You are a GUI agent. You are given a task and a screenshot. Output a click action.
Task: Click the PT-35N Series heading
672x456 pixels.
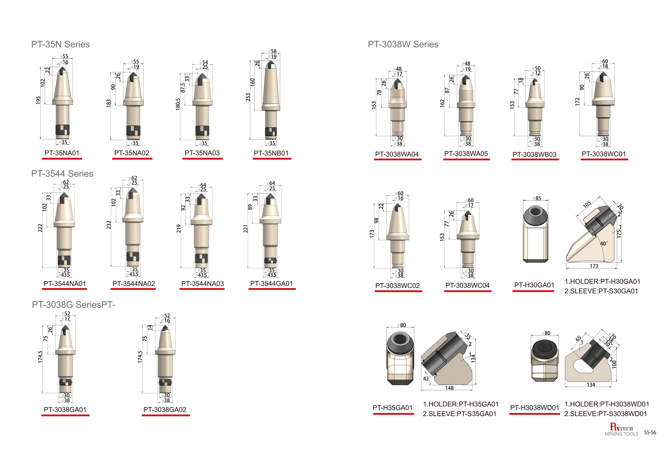click(x=60, y=44)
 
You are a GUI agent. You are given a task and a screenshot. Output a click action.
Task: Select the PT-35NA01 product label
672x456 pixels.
click(x=62, y=153)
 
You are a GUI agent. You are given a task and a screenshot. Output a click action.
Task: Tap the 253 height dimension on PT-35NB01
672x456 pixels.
click(x=248, y=97)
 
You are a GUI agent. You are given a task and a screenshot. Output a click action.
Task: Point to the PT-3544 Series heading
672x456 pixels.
click(x=62, y=173)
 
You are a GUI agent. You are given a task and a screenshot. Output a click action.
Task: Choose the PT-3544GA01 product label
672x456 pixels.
click(x=272, y=283)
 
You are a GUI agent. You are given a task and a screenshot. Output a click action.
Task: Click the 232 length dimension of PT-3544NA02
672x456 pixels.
click(x=109, y=225)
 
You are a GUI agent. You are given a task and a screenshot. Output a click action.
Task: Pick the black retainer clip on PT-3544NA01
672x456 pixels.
click(x=64, y=260)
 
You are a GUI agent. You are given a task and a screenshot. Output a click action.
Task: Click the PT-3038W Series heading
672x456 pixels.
click(x=403, y=44)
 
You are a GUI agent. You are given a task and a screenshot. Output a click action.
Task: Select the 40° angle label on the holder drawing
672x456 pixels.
click(x=604, y=243)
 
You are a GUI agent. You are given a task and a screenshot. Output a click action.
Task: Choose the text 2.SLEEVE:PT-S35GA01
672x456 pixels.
click(x=459, y=414)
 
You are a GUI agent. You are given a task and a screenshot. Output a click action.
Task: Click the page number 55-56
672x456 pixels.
click(x=650, y=433)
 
